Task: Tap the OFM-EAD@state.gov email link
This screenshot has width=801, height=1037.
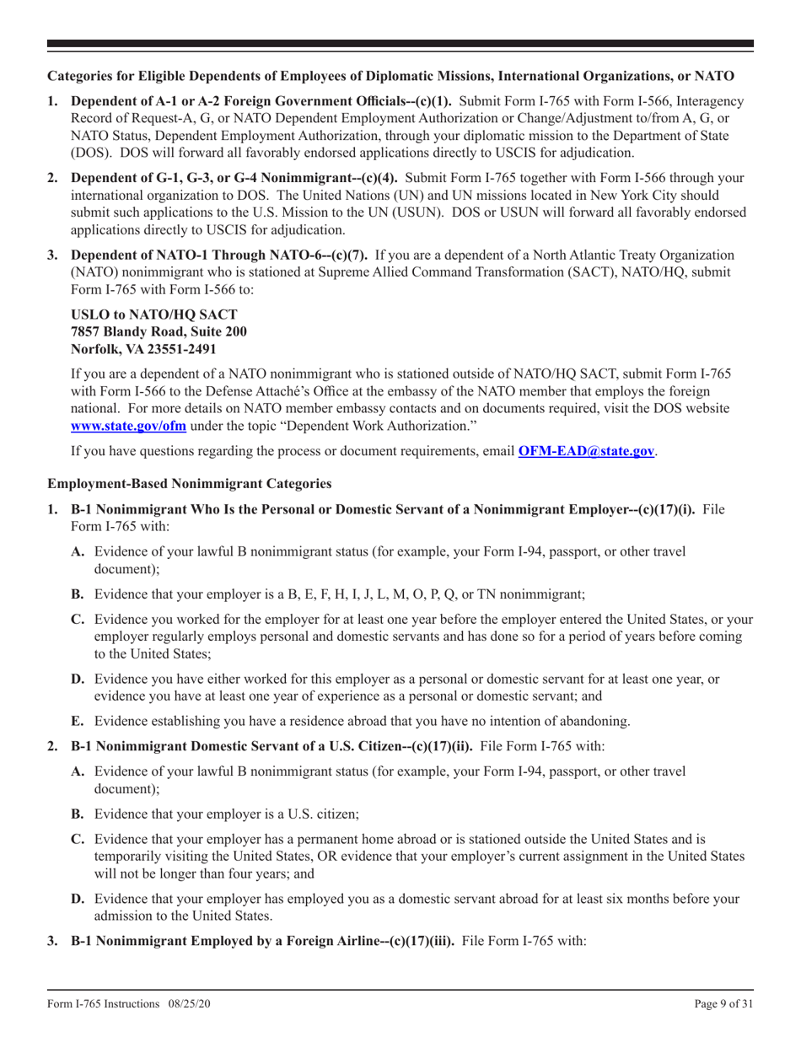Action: (x=586, y=451)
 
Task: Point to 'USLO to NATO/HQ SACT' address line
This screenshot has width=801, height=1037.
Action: (x=148, y=314)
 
